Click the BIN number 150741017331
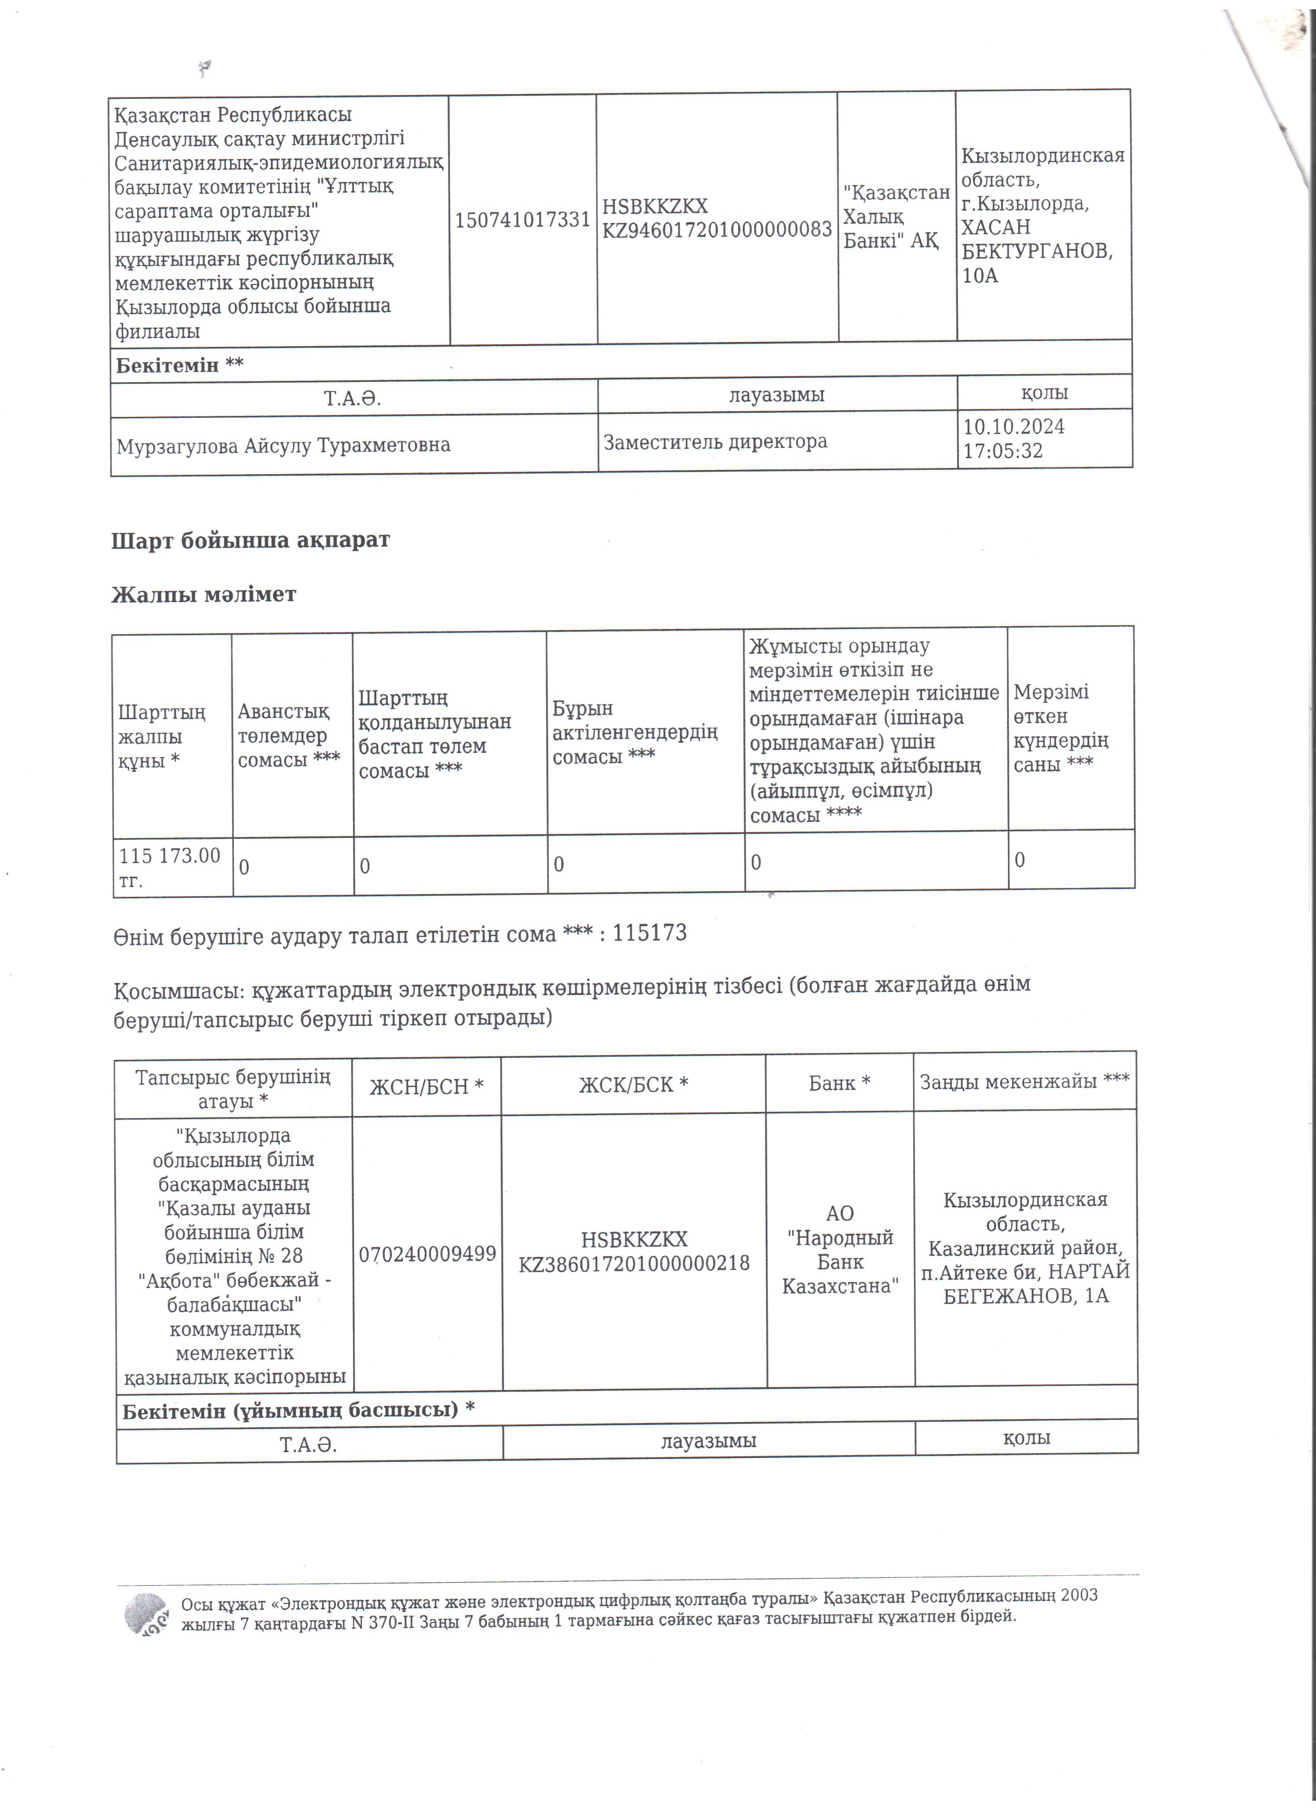(523, 219)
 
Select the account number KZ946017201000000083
(717, 230)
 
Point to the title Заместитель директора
(715, 441)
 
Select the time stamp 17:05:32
(1002, 451)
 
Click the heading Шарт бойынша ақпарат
(251, 540)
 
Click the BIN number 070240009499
(427, 1254)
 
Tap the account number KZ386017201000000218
(634, 1263)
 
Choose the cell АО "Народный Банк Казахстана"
(840, 1250)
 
